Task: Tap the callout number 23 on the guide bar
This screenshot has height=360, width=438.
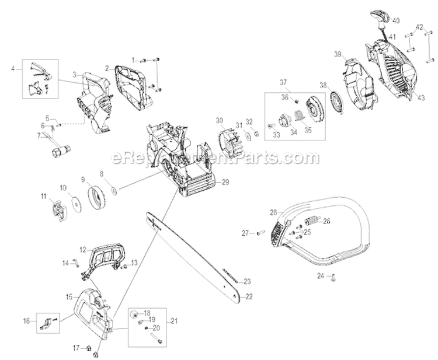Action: pyautogui.click(x=247, y=281)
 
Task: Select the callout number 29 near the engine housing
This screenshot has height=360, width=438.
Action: pyautogui.click(x=225, y=183)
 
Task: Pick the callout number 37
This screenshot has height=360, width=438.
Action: pyautogui.click(x=283, y=81)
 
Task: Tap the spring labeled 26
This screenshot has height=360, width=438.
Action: pyautogui.click(x=311, y=222)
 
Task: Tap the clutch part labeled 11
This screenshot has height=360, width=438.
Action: pyautogui.click(x=57, y=210)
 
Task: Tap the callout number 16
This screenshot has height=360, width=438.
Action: pyautogui.click(x=26, y=320)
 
